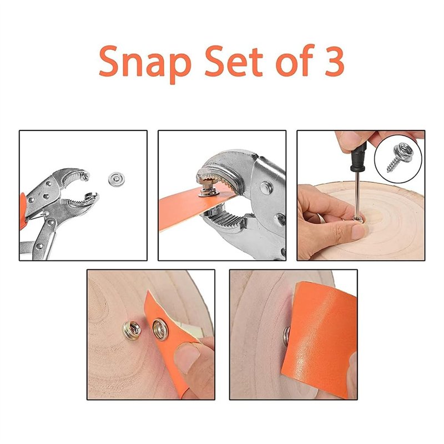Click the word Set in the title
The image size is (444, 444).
pyautogui.click(x=234, y=62)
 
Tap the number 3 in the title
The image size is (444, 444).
pyautogui.click(x=334, y=62)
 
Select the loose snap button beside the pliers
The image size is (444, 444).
pyautogui.click(x=117, y=179)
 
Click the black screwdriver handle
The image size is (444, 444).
pyautogui.click(x=359, y=157)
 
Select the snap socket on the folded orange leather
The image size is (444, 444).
pyautogui.click(x=160, y=330)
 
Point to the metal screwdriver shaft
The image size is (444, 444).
pyautogui.click(x=357, y=195)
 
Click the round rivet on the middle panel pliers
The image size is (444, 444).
pyautogui.click(x=266, y=188)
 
